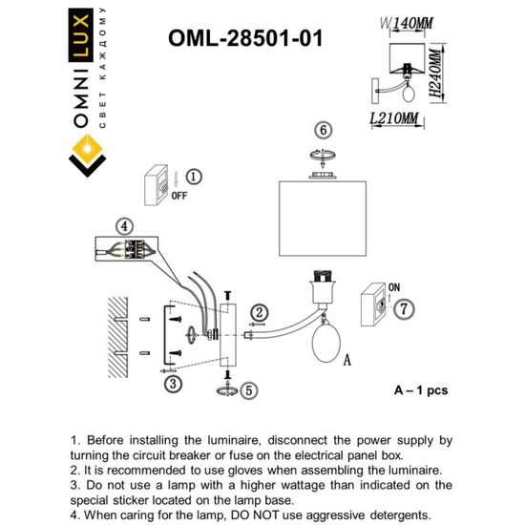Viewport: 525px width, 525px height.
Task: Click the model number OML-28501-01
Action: (245, 38)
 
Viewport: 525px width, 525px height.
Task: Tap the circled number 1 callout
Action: (193, 177)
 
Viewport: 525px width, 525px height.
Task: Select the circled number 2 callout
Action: (259, 312)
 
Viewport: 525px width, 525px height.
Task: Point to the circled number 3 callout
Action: (172, 384)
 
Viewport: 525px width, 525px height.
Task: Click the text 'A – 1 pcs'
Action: (420, 390)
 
